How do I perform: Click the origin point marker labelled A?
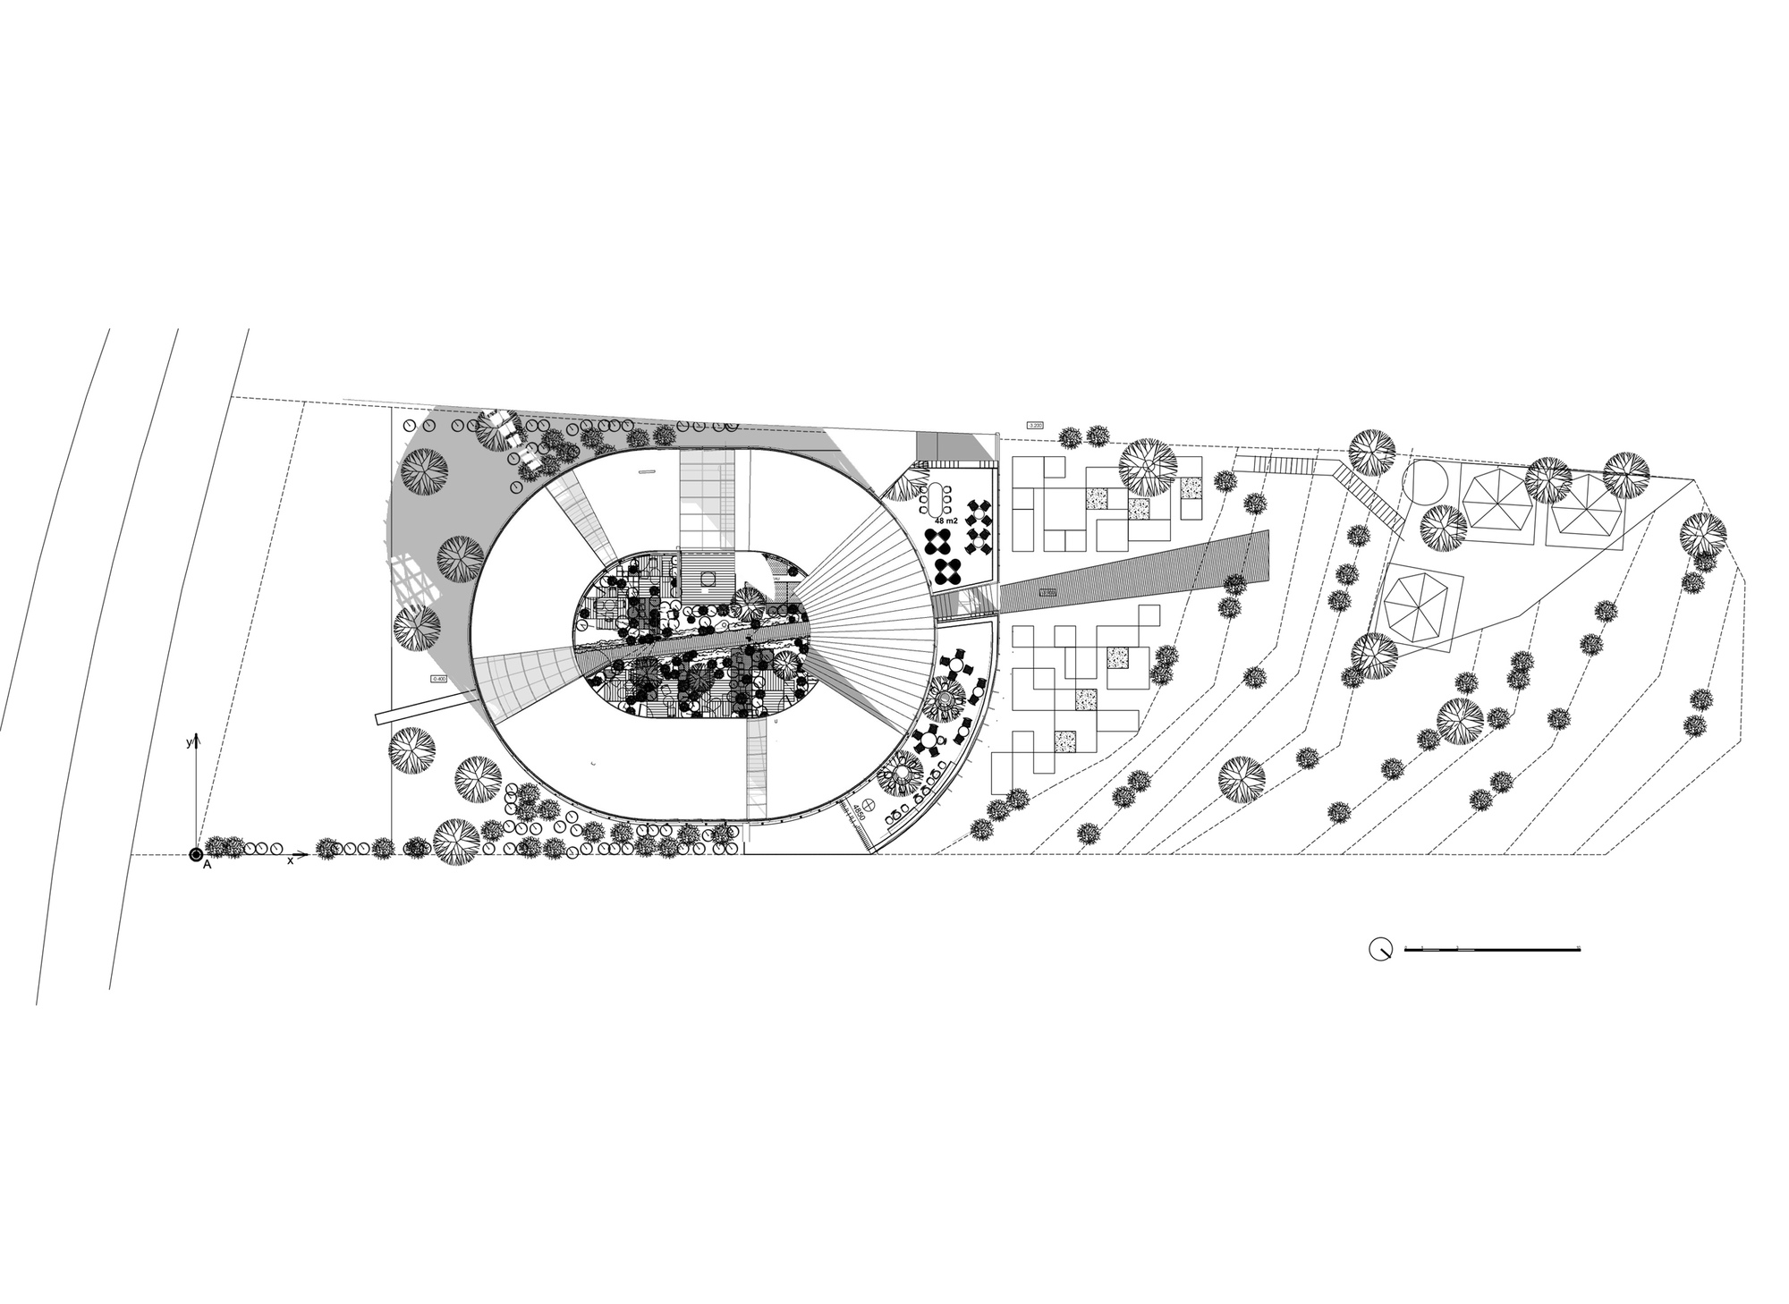coord(196,856)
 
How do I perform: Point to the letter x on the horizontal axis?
coord(290,859)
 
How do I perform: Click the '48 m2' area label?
coord(945,520)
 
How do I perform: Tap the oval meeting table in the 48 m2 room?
coord(937,496)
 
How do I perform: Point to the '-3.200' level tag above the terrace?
coord(1036,425)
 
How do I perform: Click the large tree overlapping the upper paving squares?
coord(1148,467)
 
